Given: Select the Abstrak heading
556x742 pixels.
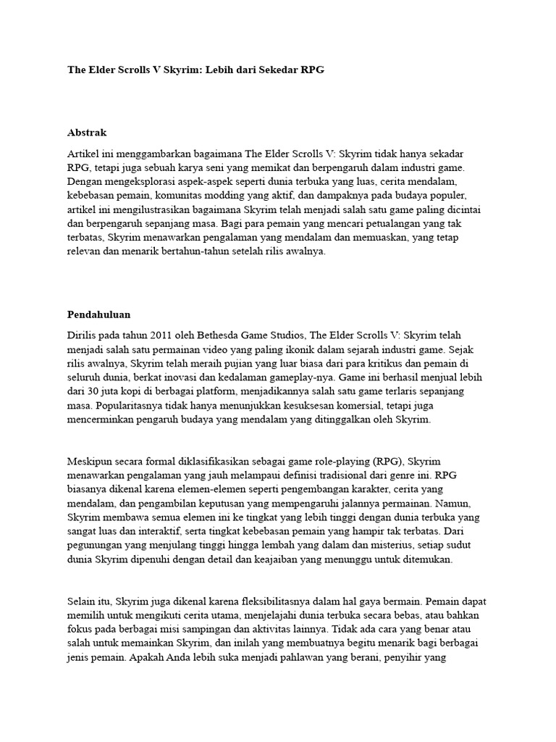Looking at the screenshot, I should pos(87,133).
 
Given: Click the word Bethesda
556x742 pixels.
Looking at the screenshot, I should pos(225,336).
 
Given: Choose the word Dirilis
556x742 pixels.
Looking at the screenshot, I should pos(83,336).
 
